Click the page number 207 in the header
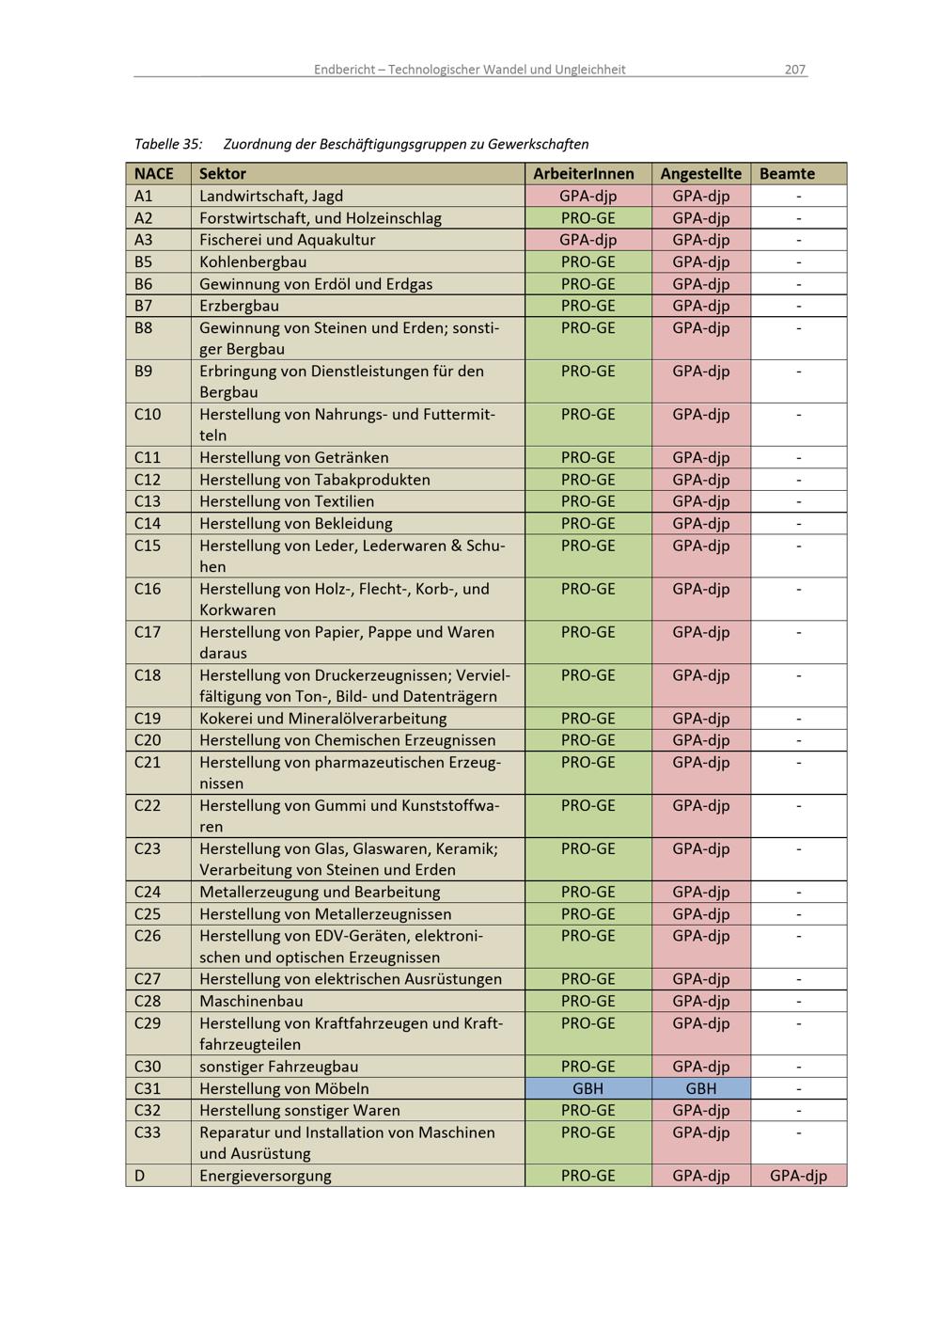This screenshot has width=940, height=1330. (795, 70)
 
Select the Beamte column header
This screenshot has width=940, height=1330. (787, 174)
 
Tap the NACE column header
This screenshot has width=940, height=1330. (154, 174)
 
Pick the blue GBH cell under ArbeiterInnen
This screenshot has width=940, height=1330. (588, 1089)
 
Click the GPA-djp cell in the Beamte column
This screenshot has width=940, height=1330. (798, 1176)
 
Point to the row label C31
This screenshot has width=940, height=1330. (148, 1089)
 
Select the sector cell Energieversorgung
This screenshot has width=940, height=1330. (265, 1176)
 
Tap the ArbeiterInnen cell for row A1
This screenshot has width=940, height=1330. (588, 197)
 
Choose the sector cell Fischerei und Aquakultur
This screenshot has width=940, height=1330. (287, 240)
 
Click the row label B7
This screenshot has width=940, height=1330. (143, 306)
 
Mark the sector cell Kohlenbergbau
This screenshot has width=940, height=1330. (253, 262)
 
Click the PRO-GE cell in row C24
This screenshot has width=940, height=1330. (588, 893)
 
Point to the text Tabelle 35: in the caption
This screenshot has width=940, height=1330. (168, 145)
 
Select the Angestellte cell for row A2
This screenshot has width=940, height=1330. (701, 218)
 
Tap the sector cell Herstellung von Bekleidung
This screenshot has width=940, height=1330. (295, 524)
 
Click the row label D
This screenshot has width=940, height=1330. (140, 1176)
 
